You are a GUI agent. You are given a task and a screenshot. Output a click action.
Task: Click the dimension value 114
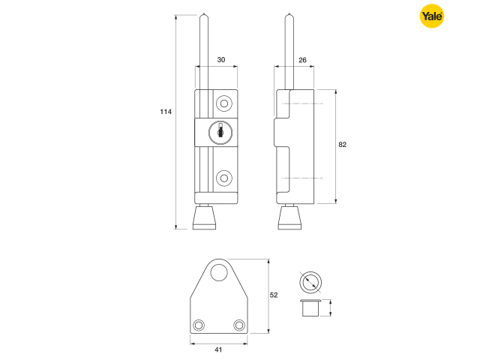pyautogui.click(x=166, y=112)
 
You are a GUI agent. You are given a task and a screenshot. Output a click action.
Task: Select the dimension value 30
pyautogui.click(x=221, y=59)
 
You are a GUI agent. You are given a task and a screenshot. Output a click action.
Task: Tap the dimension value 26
pyautogui.click(x=302, y=59)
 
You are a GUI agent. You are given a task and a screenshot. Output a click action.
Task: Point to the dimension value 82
pyautogui.click(x=343, y=144)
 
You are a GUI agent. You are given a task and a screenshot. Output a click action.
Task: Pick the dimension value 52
pyautogui.click(x=274, y=295)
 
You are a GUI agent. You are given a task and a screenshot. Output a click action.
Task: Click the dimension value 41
pyautogui.click(x=218, y=349)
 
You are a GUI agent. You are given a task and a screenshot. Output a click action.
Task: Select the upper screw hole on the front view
pyautogui.click(x=224, y=102)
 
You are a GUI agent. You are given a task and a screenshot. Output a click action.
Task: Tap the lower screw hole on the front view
pyautogui.click(x=224, y=178)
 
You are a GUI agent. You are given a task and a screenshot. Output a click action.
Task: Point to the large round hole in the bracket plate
pyautogui.click(x=218, y=274)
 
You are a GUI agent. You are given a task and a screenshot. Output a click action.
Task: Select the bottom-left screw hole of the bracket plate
pyautogui.click(x=199, y=324)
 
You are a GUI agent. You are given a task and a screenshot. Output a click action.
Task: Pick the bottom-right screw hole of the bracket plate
pyautogui.click(x=239, y=324)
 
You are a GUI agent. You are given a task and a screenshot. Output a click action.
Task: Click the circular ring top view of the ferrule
pyautogui.click(x=310, y=281)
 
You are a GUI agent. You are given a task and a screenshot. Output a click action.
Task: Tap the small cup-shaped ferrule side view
pyautogui.click(x=310, y=307)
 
